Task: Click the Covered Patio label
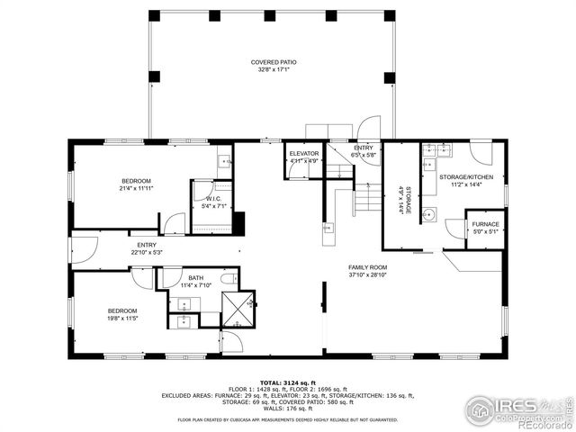pos(274,62)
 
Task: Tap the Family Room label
pos(368,267)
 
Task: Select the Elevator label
pos(304,154)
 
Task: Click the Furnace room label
pos(485,224)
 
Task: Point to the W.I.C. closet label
pos(213,198)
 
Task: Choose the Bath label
pos(195,278)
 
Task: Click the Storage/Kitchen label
pos(465,177)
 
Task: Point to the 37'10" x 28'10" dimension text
pos(368,274)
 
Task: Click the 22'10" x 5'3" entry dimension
pos(147,252)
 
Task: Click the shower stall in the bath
pos(238,309)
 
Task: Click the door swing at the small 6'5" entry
pos(369,130)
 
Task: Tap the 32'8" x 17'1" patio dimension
pos(274,69)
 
